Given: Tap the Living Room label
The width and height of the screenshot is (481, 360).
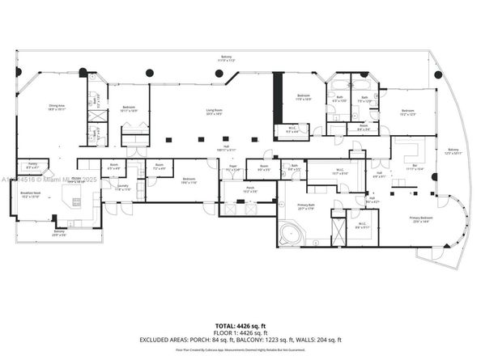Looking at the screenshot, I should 213,114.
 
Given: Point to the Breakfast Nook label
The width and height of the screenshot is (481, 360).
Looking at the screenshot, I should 30,197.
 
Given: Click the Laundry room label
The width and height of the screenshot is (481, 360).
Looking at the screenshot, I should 123,187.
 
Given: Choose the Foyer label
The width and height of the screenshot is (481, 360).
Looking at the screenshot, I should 232,168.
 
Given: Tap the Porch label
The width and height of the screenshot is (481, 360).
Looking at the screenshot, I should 239,191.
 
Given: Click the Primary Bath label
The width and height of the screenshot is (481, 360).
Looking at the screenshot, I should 306,209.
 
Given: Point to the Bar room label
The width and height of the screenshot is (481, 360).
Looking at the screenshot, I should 414,166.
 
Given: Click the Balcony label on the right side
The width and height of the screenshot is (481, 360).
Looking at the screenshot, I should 452,150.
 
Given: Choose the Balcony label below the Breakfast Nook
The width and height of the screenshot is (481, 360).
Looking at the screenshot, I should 59,232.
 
